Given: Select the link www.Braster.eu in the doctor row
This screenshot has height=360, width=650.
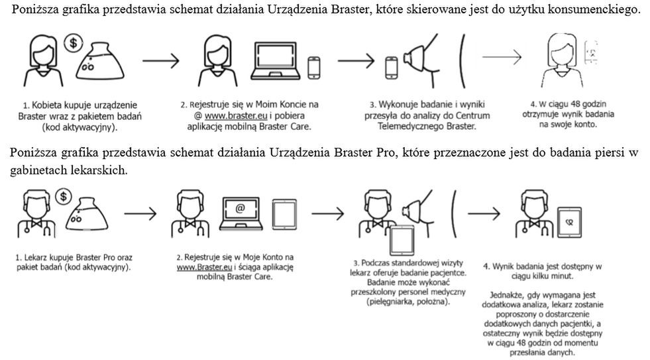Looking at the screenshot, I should pos(201,267).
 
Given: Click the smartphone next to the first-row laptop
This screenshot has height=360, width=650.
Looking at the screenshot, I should pos(314,66).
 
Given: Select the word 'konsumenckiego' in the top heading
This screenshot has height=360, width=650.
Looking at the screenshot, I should pos(601,12).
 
